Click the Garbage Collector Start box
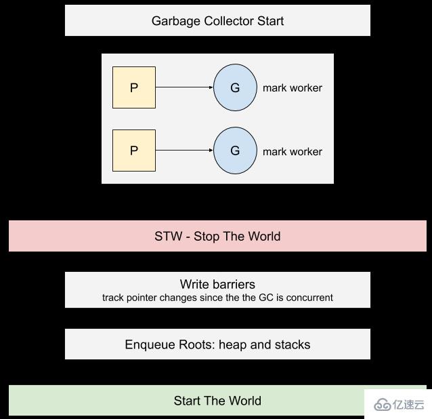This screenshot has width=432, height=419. pyautogui.click(x=217, y=20)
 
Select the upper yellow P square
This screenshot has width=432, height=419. pyautogui.click(x=134, y=87)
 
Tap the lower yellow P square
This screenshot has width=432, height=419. pyautogui.click(x=134, y=151)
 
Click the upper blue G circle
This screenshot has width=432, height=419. pyautogui.click(x=235, y=87)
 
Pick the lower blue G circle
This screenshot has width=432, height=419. pyautogui.click(x=235, y=151)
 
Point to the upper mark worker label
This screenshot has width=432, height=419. pyautogui.click(x=293, y=88)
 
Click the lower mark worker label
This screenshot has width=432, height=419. pyautogui.click(x=293, y=151)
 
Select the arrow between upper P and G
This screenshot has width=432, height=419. pyautogui.click(x=184, y=87)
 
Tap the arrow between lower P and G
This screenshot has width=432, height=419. pyautogui.click(x=184, y=151)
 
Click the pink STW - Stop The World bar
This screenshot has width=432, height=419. pyautogui.click(x=217, y=236)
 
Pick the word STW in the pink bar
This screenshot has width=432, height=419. pyautogui.click(x=167, y=236)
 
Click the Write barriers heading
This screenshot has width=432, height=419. pyautogui.click(x=217, y=284)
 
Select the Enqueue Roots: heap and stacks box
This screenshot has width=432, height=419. pyautogui.click(x=217, y=344)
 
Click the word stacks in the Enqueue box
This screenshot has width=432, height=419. pyautogui.click(x=293, y=344)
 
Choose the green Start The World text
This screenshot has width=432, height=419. pyautogui.click(x=217, y=401)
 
